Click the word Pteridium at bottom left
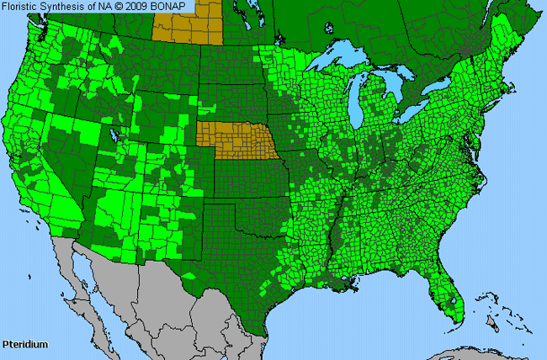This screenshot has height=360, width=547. pos(24,345)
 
